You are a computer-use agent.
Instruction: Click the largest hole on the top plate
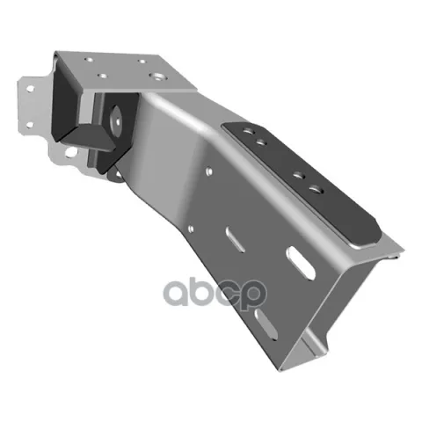click(157, 77)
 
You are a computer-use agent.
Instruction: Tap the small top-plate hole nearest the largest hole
click(142, 62)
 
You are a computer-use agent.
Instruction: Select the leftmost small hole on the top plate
click(89, 60)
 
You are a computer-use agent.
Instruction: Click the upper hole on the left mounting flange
click(30, 89)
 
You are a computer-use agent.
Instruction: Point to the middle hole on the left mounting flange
click(30, 125)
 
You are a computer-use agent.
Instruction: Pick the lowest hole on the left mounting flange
click(70, 152)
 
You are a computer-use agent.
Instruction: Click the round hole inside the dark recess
click(116, 121)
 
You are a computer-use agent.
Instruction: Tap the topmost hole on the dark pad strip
click(248, 131)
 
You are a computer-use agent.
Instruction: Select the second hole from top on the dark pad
click(261, 142)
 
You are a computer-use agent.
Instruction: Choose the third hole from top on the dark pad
click(299, 176)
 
